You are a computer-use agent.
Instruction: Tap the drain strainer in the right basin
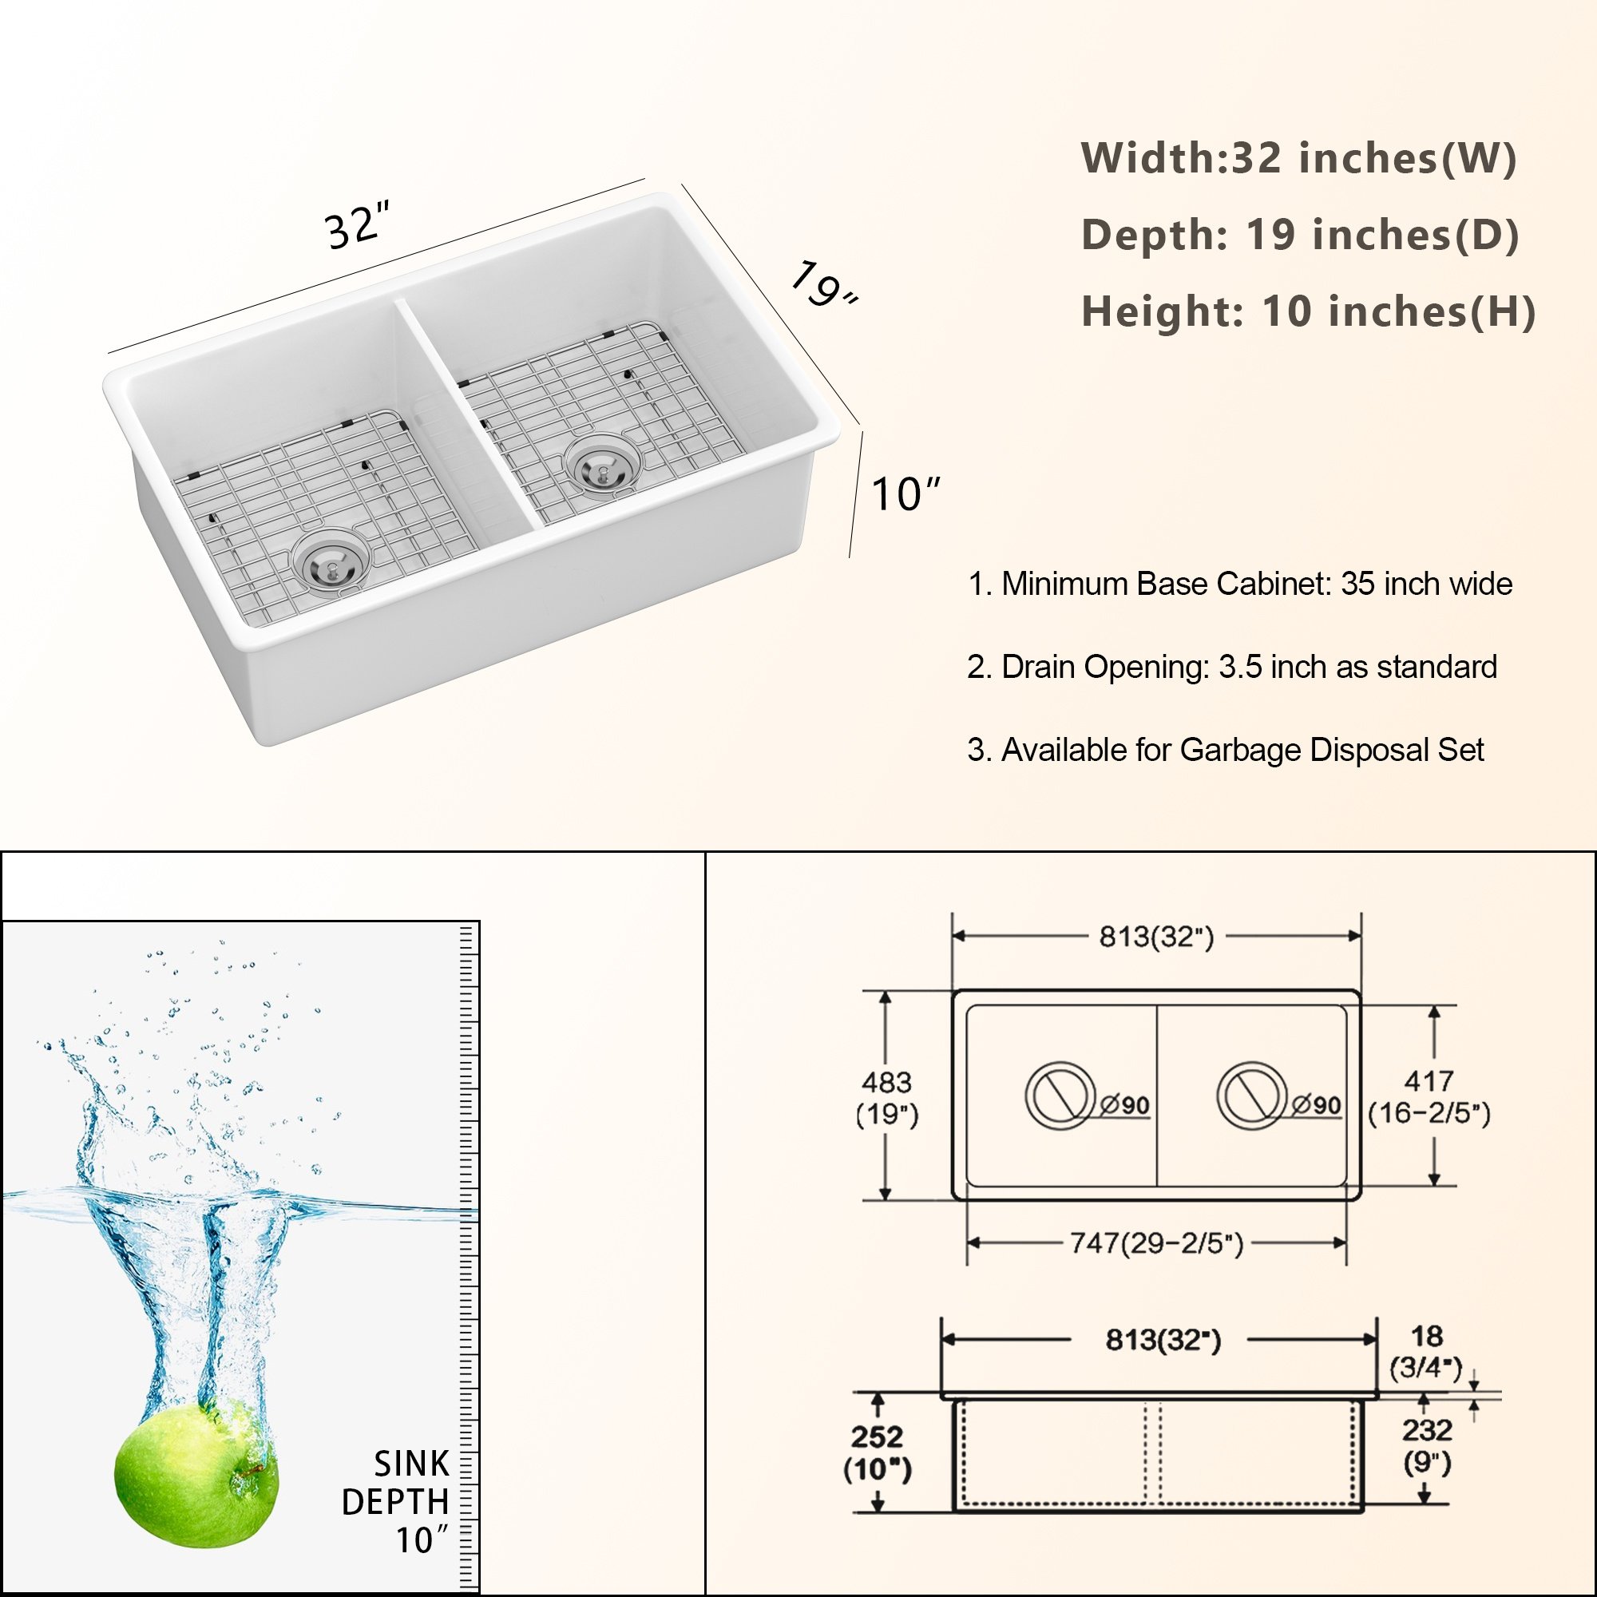point(602,466)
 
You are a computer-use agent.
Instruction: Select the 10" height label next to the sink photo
point(906,494)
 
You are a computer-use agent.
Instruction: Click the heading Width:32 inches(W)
point(1298,158)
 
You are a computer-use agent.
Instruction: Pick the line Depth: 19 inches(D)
point(1300,235)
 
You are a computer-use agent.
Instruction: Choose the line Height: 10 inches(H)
point(1309,311)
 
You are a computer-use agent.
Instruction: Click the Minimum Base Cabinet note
point(1240,584)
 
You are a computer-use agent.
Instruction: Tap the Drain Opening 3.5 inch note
point(1231,666)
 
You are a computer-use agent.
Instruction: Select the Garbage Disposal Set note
point(1226,750)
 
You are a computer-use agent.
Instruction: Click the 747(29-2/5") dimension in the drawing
point(1156,1242)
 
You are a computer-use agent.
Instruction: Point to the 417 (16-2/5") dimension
point(1429,1096)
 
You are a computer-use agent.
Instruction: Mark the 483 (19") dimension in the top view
point(887,1098)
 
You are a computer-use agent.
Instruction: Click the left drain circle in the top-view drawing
point(1060,1096)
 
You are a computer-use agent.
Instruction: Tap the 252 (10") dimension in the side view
point(877,1452)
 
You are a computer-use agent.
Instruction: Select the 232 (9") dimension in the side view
point(1428,1446)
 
